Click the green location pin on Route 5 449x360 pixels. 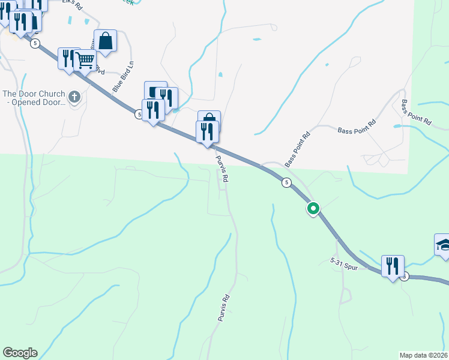(313, 209)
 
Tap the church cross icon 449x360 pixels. (74, 97)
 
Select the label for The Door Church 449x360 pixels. (33, 98)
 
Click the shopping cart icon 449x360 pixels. (86, 59)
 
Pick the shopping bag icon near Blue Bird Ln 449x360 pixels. (105, 41)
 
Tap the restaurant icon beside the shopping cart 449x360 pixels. (68, 58)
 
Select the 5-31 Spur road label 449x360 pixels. (344, 264)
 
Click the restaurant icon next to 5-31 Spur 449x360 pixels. (393, 266)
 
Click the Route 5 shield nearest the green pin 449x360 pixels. (287, 182)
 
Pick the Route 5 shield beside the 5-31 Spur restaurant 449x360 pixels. (405, 276)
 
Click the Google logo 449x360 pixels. (20, 353)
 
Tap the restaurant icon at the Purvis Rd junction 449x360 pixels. (207, 131)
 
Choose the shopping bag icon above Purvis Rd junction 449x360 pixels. (209, 119)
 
